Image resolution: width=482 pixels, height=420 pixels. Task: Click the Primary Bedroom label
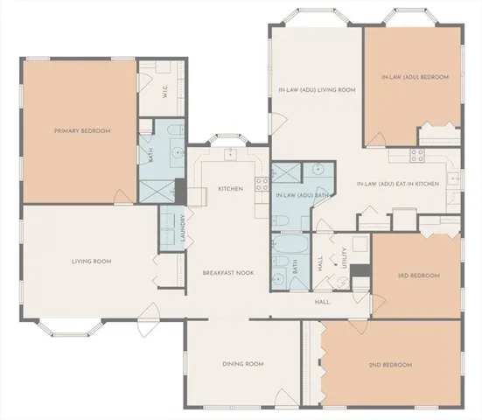82,131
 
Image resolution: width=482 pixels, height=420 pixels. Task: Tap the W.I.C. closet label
164,90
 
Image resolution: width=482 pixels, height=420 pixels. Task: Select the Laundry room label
183,229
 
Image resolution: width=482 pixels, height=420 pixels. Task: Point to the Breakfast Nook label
228,272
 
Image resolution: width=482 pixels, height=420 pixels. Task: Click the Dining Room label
242,364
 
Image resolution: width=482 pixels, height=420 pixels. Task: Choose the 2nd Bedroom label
389,365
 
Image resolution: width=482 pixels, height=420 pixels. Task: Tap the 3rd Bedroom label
417,276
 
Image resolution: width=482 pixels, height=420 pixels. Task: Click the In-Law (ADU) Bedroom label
415,77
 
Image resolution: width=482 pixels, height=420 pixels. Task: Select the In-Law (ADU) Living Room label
316,89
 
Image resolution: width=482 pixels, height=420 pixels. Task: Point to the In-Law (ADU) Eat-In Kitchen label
398,185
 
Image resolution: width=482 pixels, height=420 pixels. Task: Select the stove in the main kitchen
260,183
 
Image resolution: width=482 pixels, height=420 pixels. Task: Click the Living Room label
91,261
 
